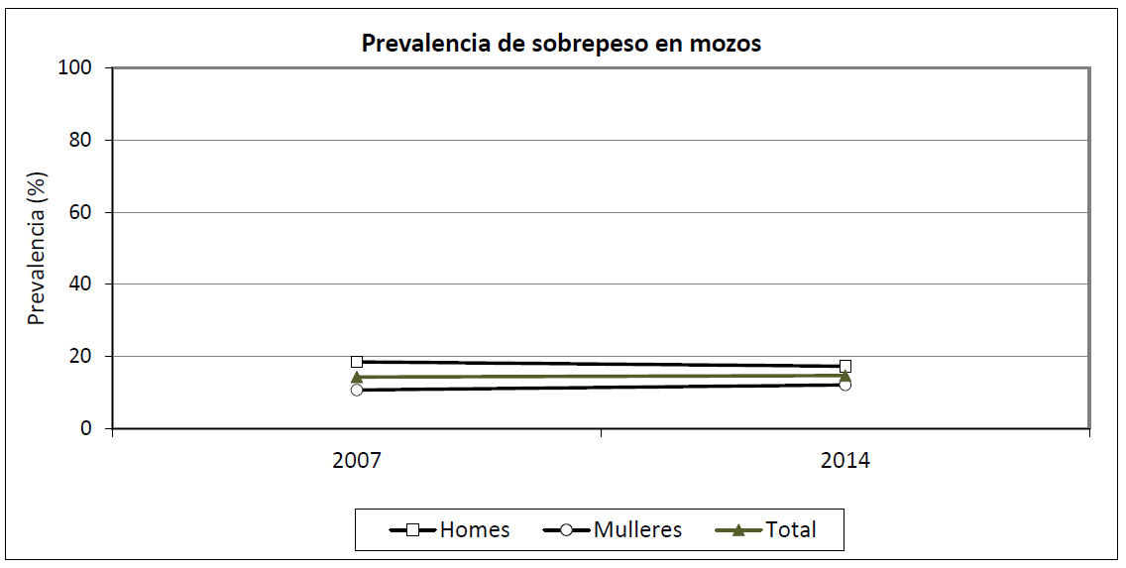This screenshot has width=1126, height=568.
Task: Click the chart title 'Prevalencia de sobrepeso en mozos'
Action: click(561, 44)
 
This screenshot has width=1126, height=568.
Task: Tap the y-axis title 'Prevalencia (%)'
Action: click(37, 250)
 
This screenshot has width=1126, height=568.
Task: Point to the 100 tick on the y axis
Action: click(79, 67)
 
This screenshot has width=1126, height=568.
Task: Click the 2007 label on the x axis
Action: click(357, 461)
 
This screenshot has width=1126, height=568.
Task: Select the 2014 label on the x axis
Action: click(844, 461)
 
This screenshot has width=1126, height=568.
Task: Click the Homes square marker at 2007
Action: click(357, 362)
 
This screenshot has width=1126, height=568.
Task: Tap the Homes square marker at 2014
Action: click(844, 366)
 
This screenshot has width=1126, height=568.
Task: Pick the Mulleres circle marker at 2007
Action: click(357, 390)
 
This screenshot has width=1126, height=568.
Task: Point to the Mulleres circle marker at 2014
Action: click(844, 384)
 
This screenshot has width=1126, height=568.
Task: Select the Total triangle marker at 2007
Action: click(357, 377)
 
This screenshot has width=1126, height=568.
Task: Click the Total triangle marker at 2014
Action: click(844, 375)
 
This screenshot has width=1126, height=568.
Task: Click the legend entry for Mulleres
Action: click(613, 530)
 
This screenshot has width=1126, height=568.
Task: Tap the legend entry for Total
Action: click(766, 530)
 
